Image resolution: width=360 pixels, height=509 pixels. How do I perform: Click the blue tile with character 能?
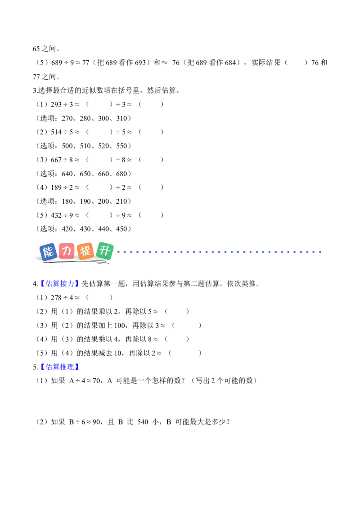click(48, 252)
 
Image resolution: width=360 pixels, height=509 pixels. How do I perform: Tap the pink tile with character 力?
click(67, 250)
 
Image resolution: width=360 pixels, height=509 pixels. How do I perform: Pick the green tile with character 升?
click(104, 251)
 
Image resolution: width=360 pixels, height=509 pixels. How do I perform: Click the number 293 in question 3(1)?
click(56, 104)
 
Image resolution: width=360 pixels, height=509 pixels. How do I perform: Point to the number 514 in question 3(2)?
click(56, 132)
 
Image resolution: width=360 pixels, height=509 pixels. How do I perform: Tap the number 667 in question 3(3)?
click(56, 160)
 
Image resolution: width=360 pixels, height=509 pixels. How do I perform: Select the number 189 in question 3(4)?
click(56, 188)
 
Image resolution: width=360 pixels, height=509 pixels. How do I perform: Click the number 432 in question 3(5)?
click(56, 215)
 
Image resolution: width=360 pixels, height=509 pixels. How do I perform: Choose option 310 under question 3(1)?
click(121, 119)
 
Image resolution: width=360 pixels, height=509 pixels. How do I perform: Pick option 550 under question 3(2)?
click(121, 146)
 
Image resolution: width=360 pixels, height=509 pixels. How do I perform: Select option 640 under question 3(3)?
click(67, 174)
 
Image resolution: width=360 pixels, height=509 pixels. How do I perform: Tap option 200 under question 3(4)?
click(103, 201)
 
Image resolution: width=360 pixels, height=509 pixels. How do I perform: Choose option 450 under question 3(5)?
click(121, 229)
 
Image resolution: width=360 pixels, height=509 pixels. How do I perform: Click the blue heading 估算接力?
click(60, 284)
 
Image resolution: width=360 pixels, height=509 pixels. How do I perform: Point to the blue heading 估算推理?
click(60, 367)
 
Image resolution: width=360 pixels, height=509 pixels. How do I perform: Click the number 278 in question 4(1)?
click(56, 298)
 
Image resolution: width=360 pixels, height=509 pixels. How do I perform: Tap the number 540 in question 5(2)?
click(143, 422)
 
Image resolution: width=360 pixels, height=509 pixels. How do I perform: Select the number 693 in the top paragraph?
click(140, 63)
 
